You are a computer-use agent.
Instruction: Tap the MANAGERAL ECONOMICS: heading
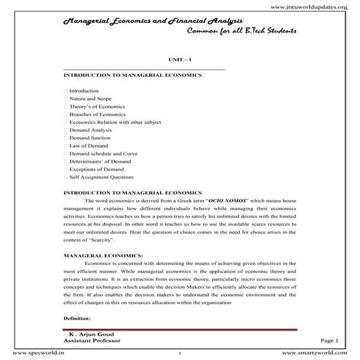coord(103,256)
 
